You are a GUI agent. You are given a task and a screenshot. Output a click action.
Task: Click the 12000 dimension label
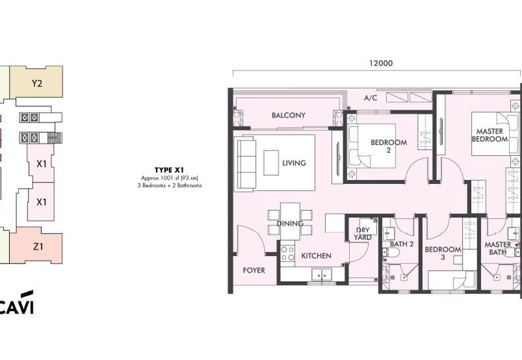[381, 63]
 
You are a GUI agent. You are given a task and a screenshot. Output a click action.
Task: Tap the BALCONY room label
[288, 115]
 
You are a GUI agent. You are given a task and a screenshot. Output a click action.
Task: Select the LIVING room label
[294, 163]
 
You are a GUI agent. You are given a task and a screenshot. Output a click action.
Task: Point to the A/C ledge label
[371, 98]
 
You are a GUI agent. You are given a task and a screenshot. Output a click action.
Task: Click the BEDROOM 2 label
[389, 146]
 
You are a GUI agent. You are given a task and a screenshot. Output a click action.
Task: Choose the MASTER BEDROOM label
[490, 135]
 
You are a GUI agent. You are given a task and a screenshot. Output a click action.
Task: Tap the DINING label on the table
[290, 224]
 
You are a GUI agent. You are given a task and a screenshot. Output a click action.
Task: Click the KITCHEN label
[316, 256]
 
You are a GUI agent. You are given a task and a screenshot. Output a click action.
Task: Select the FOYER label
[254, 271]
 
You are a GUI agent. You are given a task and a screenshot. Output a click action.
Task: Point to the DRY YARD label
[363, 233]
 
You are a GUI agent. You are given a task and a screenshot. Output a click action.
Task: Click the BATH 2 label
[402, 244]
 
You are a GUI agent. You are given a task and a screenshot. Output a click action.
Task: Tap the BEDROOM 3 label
[443, 253]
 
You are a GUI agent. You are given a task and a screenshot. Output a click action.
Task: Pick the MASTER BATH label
[498, 248]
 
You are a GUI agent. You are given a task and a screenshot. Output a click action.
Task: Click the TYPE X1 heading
[169, 170]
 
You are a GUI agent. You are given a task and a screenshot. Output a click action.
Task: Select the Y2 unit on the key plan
[37, 82]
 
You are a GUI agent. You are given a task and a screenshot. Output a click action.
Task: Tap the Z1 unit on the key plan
[36, 246]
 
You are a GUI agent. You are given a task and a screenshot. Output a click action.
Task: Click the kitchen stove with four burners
[287, 254]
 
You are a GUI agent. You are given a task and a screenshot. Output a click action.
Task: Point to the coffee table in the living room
[271, 162]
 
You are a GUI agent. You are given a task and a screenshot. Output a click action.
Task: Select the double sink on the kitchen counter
[322, 275]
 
